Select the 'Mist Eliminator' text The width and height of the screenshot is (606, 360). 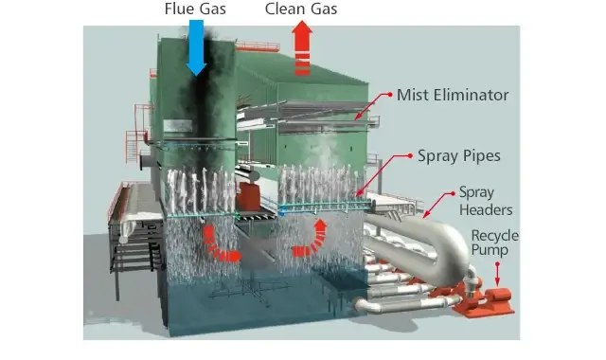[x=453, y=96]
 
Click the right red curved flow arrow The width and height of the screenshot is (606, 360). [x=312, y=240]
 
